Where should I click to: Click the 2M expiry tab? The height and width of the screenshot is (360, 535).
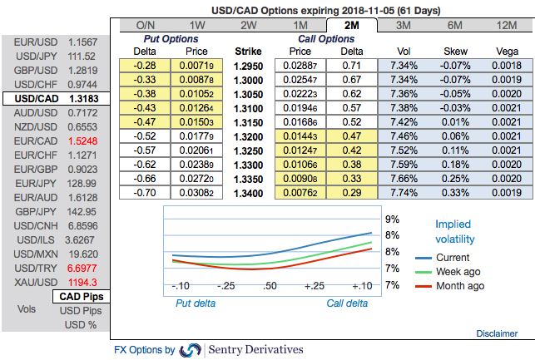pos(351,26)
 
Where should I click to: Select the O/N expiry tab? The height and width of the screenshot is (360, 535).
pos(146,26)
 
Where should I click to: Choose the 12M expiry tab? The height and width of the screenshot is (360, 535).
pos(505,26)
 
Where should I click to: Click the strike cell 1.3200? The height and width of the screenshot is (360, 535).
pos(249,136)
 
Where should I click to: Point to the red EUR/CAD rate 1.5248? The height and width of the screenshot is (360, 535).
pos(82,141)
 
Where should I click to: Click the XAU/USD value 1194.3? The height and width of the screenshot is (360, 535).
pos(82,283)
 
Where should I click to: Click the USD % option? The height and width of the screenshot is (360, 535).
pos(82,324)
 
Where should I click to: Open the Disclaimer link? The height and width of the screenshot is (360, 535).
pos(497,333)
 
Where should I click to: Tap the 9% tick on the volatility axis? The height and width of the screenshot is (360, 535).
pos(392,219)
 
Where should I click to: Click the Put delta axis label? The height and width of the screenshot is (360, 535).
pos(195,303)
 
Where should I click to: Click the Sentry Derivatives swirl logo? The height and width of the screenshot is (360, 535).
pos(190,350)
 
